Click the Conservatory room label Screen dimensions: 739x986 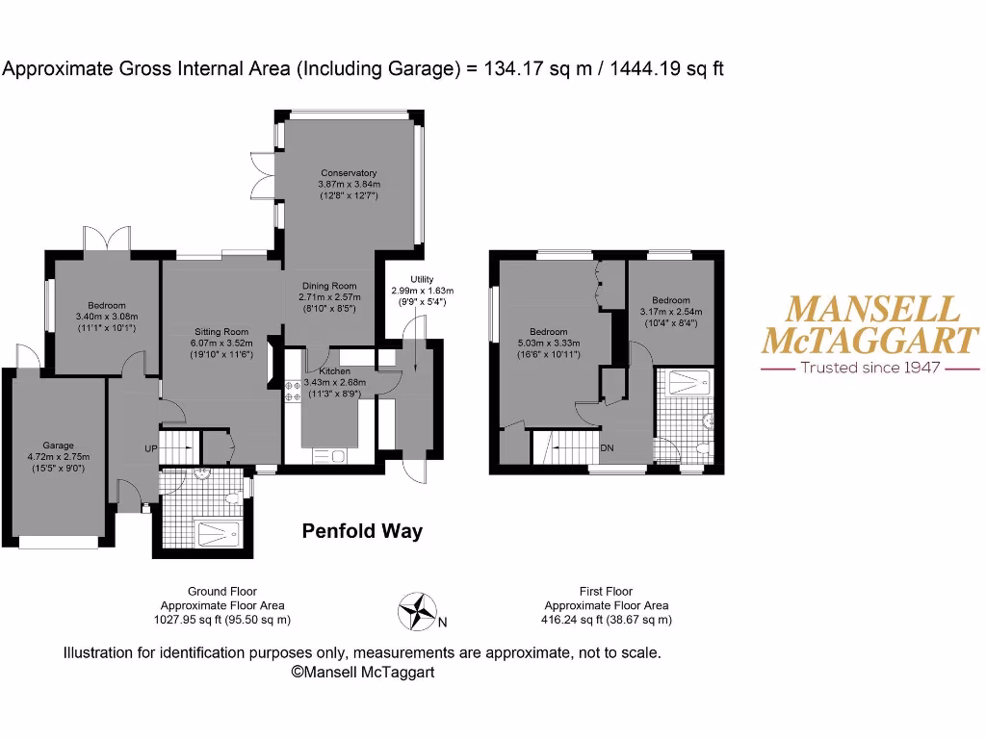(349, 173)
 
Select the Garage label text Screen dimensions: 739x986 (58, 446)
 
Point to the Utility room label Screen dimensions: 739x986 (408, 279)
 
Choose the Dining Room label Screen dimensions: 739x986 (329, 286)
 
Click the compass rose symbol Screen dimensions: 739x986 (417, 610)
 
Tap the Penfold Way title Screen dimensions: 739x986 (362, 531)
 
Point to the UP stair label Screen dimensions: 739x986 (151, 449)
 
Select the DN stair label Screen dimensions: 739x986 (607, 448)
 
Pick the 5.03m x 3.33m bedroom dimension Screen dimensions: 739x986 (548, 342)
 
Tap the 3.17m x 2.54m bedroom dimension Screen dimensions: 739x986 (671, 312)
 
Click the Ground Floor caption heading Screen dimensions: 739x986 (222, 592)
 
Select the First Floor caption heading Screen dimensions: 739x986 (606, 592)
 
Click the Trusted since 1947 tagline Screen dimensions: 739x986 (869, 368)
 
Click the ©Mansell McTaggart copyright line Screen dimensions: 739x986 (362, 673)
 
